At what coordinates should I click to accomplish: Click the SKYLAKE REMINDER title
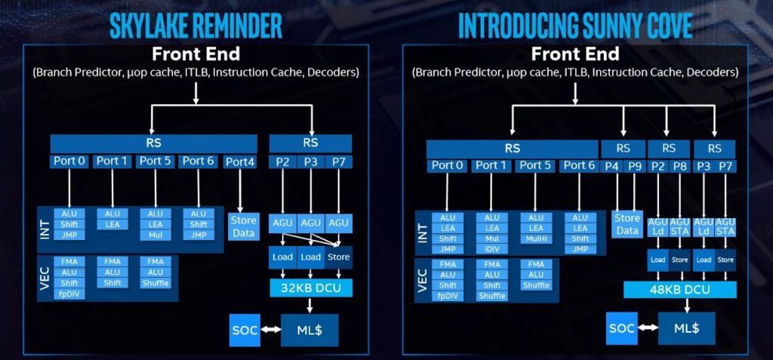tap(196, 25)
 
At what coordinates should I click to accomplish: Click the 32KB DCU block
tap(310, 287)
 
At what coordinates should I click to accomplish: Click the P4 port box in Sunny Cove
tap(613, 165)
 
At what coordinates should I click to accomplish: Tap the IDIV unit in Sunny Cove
tap(492, 249)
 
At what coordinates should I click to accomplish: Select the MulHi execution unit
tap(536, 238)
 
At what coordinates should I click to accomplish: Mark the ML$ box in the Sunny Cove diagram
tap(685, 329)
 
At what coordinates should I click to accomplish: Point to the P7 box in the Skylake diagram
tap(338, 161)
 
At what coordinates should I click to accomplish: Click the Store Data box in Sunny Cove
tap(627, 224)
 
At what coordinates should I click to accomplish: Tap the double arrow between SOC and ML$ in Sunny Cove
tap(646, 329)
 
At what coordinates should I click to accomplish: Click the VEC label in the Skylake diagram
tap(45, 278)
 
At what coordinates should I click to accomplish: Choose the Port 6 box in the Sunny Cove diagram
tap(580, 165)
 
